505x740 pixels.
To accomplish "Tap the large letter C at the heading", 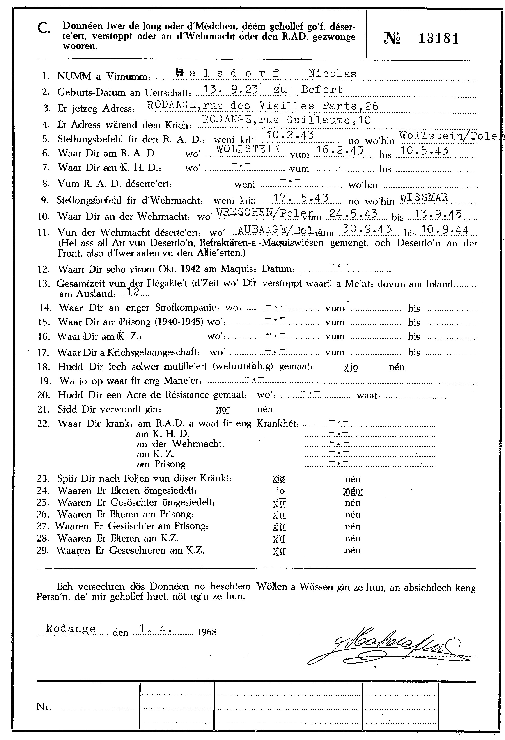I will coord(43,29).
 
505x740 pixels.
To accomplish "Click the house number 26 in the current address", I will coord(372,106).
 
